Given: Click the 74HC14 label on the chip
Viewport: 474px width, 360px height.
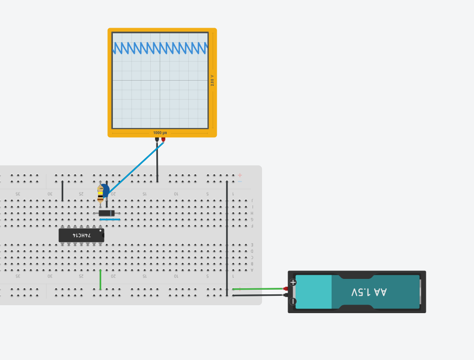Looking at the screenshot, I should [81, 235].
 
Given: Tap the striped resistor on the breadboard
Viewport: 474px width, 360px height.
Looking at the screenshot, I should [100, 193].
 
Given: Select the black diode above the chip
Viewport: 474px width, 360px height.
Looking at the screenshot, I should [107, 213].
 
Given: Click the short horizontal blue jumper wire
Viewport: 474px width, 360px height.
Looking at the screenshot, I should [110, 219].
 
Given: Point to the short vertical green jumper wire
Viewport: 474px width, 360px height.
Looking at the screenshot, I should [100, 279].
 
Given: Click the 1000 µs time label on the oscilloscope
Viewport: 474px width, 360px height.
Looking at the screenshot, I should [160, 133].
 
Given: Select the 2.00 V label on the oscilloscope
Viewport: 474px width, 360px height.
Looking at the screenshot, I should [212, 80].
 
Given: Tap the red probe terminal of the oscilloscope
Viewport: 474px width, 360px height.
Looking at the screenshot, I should [163, 139].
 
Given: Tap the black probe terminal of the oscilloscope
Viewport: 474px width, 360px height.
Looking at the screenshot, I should [157, 139].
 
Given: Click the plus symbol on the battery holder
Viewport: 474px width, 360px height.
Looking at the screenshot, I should [293, 282].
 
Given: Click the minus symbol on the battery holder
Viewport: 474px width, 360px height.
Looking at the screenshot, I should [293, 301].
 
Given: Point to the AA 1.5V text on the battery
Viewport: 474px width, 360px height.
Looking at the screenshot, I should [369, 292].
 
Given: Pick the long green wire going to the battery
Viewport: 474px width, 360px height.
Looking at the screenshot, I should [258, 289].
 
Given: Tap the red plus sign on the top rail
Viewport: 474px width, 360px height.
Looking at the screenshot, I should [240, 175].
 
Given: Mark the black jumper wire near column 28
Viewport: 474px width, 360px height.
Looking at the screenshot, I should [62, 191].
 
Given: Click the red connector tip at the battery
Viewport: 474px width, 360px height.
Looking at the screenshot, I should [286, 289].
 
